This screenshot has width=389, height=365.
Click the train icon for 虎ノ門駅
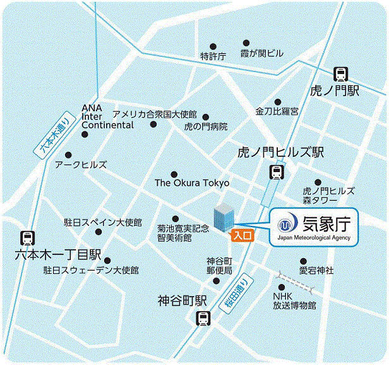(340, 74)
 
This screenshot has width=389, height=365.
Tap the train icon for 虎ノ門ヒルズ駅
(276, 171)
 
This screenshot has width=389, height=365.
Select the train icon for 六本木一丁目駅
(27, 238)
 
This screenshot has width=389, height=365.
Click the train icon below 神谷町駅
(203, 319)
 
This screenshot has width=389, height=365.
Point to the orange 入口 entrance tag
(242, 235)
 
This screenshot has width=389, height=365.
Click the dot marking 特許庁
(213, 46)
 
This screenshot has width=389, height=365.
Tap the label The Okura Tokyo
(192, 183)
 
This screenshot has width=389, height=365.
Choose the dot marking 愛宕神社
(303, 261)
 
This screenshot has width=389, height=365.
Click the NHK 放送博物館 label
(294, 300)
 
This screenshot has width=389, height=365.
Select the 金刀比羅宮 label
(277, 111)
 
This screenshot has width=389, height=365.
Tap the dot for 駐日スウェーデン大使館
(107, 260)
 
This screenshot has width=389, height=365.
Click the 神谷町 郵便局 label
(220, 266)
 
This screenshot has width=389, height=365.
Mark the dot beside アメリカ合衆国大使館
(153, 124)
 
